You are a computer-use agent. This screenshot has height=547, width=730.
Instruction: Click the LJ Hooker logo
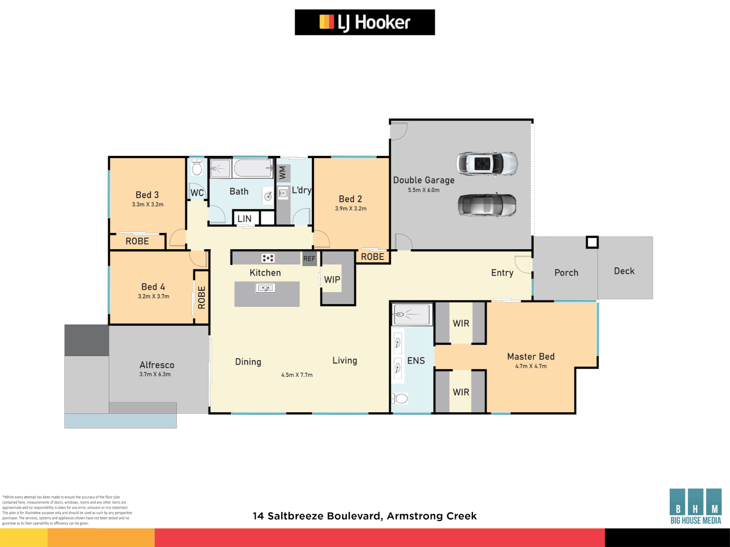click(x=364, y=22)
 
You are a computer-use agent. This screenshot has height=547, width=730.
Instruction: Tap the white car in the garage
click(x=486, y=163)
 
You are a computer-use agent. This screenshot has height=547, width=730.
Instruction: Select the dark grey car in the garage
click(x=487, y=206)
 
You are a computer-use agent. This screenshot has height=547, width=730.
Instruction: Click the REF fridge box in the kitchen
click(x=309, y=258)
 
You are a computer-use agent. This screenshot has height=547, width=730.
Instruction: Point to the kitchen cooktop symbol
click(x=268, y=258)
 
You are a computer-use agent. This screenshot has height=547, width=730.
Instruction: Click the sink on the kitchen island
click(x=265, y=288)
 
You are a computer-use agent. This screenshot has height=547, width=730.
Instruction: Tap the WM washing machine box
click(x=283, y=173)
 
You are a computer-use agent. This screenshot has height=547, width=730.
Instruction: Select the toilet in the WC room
click(x=197, y=168)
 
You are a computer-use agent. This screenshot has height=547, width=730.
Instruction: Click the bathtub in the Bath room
click(x=253, y=168)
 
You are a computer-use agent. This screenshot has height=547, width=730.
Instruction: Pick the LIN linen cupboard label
click(x=245, y=219)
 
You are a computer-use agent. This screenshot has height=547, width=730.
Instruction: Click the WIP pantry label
click(x=332, y=280)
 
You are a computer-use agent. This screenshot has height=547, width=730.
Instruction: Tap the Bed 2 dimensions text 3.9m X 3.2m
click(x=350, y=209)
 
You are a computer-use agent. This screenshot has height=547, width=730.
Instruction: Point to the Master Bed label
click(x=531, y=357)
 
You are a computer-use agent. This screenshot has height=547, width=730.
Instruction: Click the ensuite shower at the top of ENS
click(x=412, y=315)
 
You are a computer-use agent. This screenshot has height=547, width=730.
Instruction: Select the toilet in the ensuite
click(x=400, y=399)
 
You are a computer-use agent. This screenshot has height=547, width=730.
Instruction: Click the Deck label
click(x=624, y=271)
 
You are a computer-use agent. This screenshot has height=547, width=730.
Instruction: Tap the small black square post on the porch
click(x=592, y=242)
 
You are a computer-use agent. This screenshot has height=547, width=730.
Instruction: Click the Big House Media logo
click(x=695, y=506)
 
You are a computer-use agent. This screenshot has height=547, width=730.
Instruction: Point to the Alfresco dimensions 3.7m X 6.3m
click(x=155, y=374)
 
